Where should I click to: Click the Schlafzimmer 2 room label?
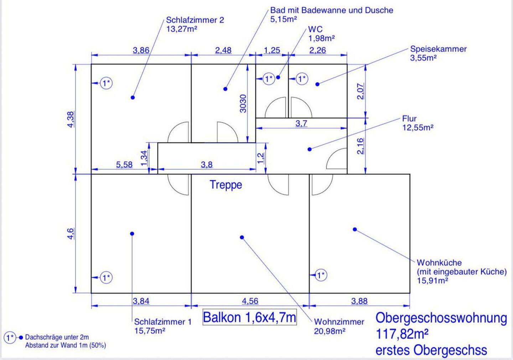click(x=195, y=20)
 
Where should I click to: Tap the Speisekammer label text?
click(x=438, y=49)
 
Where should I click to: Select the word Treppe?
click(x=226, y=185)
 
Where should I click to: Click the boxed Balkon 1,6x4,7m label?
click(x=249, y=317)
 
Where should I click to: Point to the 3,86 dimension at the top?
click(x=141, y=50)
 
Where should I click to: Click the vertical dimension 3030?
click(x=243, y=103)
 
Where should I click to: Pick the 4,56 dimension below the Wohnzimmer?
click(x=250, y=301)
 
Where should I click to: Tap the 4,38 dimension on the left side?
click(x=71, y=119)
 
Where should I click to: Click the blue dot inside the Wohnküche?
click(x=355, y=229)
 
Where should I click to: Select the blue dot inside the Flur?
click(x=310, y=149)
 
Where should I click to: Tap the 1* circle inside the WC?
click(x=269, y=78)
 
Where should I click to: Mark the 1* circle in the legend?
click(x=10, y=337)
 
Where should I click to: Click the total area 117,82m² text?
click(x=402, y=334)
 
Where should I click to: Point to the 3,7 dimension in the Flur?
click(x=301, y=124)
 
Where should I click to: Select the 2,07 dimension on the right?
click(x=361, y=91)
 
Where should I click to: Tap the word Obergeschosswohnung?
click(x=441, y=318)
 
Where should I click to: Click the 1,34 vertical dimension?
click(x=144, y=158)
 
